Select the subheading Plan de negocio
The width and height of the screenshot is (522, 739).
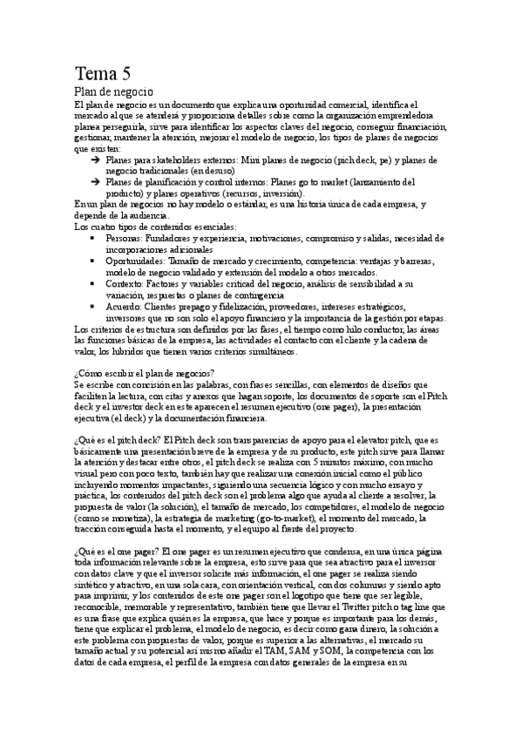(113, 92)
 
